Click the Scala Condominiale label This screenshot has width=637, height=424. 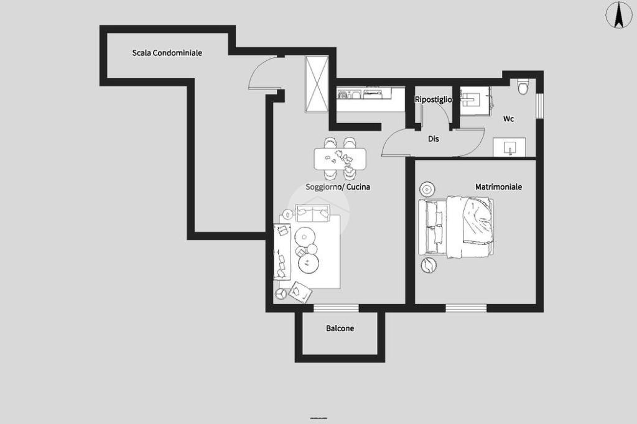[x=167, y=53]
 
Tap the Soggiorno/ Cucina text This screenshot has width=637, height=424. [x=338, y=187]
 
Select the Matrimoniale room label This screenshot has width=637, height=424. [x=498, y=187]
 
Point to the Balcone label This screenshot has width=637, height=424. [x=340, y=328]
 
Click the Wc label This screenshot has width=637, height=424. [x=509, y=119]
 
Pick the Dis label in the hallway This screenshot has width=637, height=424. [x=434, y=139]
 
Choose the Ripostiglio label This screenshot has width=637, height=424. [x=434, y=99]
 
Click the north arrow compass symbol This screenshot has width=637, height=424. [x=618, y=15]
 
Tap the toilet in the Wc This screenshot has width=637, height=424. [x=523, y=86]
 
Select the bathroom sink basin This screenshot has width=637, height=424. [x=509, y=147]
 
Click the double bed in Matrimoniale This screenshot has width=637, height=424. [x=457, y=227]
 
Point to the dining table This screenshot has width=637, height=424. [x=340, y=159]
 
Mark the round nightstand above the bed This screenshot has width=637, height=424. [x=427, y=189]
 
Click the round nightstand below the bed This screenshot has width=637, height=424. [x=429, y=265]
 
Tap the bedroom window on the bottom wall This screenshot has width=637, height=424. [x=466, y=308]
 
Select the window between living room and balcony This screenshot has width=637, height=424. [x=336, y=308]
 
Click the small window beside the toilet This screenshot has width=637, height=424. [x=539, y=106]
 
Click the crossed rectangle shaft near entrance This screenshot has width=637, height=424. [x=317, y=85]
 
